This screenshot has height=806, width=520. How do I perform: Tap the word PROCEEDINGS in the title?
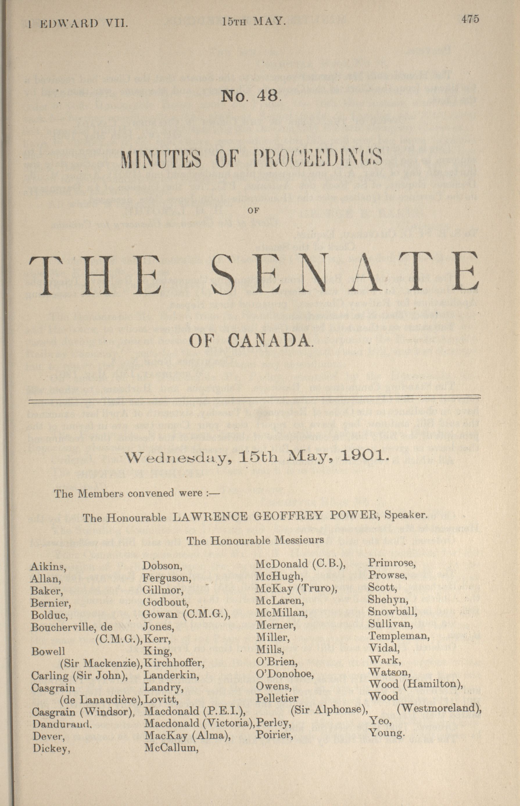[318, 158]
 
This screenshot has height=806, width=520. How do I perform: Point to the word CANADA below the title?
[269, 341]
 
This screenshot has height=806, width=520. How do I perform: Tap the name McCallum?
[171, 748]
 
